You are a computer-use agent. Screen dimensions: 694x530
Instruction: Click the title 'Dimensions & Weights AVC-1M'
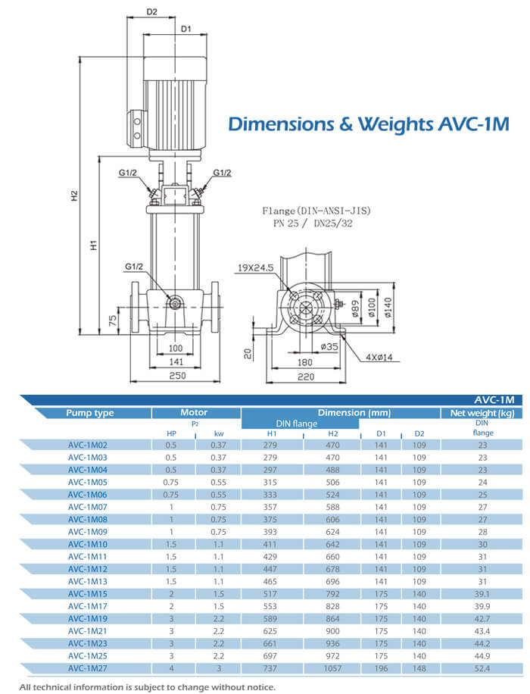click(369, 123)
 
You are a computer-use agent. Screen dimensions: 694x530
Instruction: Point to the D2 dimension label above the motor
click(151, 11)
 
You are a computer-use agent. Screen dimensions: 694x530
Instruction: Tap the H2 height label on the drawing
click(75, 195)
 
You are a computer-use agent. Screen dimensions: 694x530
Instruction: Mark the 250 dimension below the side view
click(176, 377)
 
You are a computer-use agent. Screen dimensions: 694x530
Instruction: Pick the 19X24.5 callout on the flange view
click(255, 267)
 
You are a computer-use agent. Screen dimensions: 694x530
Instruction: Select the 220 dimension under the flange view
click(305, 377)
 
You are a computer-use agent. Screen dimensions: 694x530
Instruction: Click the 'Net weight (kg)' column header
click(482, 413)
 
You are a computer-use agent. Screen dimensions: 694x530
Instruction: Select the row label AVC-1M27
click(89, 669)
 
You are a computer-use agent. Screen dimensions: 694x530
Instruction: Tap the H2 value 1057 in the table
click(332, 669)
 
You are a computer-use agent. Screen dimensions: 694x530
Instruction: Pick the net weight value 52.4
click(482, 669)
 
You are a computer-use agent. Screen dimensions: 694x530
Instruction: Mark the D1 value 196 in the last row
click(382, 669)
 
